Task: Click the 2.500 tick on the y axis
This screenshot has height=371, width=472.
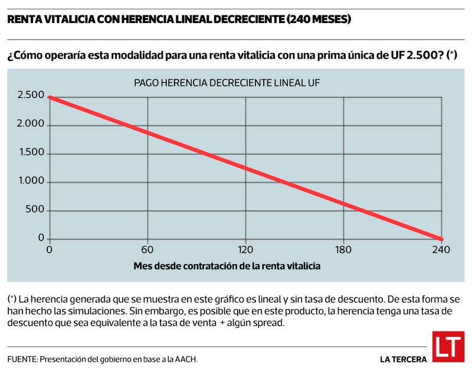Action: [31, 96]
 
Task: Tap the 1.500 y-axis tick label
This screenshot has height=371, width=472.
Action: [31, 153]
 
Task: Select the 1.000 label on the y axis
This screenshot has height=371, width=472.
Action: [31, 181]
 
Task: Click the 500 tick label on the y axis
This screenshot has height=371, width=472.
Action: [35, 210]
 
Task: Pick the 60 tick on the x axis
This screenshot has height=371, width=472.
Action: [147, 249]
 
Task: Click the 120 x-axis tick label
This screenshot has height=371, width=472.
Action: [245, 249]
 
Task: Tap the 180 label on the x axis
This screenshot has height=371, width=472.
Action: [343, 249]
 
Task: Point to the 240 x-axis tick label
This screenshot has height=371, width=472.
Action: [441, 249]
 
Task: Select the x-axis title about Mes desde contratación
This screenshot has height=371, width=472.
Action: [227, 266]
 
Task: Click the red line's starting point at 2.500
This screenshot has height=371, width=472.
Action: [50, 97]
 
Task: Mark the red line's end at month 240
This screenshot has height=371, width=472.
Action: [440, 239]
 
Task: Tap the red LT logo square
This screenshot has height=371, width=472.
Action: [448, 347]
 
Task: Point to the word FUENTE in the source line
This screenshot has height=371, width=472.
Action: [22, 359]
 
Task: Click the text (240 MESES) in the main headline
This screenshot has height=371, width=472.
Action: [319, 19]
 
